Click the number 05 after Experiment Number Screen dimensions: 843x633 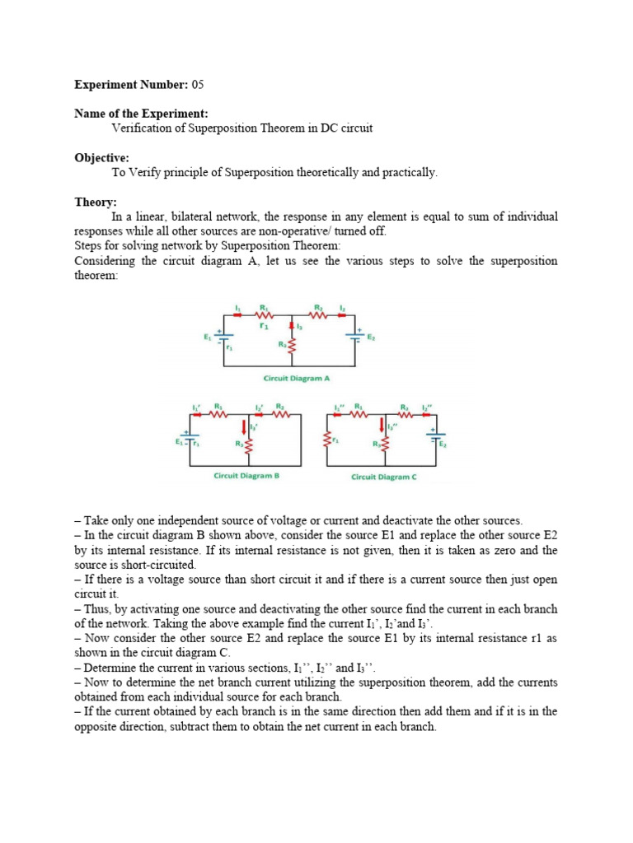click(x=200, y=85)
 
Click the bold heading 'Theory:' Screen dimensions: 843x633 click(x=96, y=202)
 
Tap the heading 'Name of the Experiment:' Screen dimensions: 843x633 click(x=141, y=113)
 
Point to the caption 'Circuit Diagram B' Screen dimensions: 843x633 click(x=242, y=476)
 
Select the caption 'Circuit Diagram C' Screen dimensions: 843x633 click(x=384, y=477)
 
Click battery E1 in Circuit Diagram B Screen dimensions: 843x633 click(x=190, y=440)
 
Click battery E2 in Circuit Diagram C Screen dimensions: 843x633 click(x=435, y=440)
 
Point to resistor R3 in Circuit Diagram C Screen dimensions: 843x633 click(x=387, y=445)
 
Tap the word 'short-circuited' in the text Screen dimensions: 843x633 click(x=158, y=565)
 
